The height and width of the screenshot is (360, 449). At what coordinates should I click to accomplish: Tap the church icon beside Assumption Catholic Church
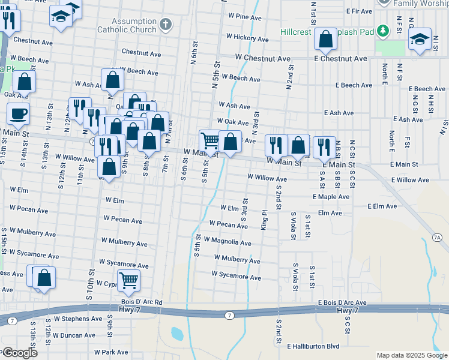coord(166,26)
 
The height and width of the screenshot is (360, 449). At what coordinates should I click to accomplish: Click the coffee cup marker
coord(18,113)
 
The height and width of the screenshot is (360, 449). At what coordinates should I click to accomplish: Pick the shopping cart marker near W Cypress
coord(128,280)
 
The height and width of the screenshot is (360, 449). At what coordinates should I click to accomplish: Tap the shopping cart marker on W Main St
coord(210,141)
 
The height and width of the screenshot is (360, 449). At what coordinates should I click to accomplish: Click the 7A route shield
coord(437,238)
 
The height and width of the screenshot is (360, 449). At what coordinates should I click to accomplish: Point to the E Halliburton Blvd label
coord(313,346)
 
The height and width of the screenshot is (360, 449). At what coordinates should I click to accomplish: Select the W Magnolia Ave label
coord(228,243)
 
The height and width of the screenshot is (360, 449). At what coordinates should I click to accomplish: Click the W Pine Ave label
coord(244,17)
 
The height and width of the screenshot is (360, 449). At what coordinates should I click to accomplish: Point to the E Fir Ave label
coord(360,11)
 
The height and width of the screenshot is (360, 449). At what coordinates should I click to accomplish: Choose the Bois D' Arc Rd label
coord(142,302)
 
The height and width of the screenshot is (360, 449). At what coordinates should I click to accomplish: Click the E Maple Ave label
coord(331,196)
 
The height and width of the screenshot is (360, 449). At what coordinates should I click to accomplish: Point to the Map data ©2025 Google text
coord(411,355)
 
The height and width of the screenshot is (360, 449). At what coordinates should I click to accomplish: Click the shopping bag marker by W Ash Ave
coord(113,79)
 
